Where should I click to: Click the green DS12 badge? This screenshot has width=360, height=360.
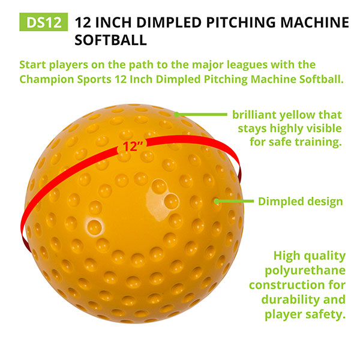(x=44, y=22)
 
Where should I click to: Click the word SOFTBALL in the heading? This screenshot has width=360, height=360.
(x=110, y=40)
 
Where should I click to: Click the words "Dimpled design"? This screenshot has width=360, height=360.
(x=301, y=202)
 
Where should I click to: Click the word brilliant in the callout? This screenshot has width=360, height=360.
(x=253, y=115)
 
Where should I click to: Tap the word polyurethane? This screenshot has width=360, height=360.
(x=305, y=271)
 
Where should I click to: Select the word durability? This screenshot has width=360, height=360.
(x=291, y=299)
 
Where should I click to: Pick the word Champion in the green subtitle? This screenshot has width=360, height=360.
(x=47, y=79)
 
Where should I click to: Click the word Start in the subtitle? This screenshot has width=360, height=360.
(x=32, y=65)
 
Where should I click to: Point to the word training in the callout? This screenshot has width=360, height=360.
(x=319, y=142)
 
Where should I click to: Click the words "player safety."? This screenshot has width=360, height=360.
(x=305, y=314)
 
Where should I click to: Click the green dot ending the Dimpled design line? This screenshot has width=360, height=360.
(x=216, y=202)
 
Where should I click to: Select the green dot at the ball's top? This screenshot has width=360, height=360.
(x=176, y=115)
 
